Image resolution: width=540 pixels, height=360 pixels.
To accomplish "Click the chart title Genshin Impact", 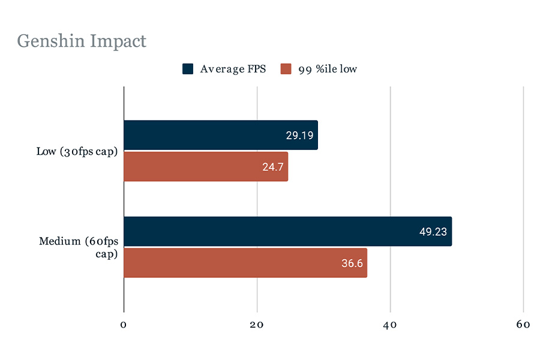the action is (82, 42).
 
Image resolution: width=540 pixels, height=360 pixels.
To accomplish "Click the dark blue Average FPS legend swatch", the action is (188, 69).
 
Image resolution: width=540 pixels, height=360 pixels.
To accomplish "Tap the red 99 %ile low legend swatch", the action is (286, 69).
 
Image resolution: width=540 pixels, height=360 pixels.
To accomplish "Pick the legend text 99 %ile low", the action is (328, 69).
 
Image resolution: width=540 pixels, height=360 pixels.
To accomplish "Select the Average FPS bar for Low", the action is (220, 136).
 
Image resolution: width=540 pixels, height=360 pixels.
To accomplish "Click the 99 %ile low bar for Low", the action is (206, 166).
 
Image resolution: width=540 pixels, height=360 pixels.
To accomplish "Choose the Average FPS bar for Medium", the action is (287, 232).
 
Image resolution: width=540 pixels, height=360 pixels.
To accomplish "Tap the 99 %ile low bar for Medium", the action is (245, 262).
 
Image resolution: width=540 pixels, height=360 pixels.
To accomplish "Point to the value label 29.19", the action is (299, 136).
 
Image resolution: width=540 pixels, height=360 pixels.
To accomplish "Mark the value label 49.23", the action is (433, 232).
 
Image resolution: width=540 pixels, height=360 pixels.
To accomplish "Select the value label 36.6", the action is (352, 263).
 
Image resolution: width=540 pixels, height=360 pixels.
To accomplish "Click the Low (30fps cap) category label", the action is (76, 151).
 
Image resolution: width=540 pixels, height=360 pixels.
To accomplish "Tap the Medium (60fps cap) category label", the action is (79, 247).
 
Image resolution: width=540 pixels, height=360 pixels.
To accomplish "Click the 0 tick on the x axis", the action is (124, 325).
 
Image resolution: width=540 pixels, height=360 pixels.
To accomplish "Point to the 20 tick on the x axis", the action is (257, 325).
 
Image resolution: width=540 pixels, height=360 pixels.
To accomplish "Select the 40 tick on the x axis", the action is (391, 325).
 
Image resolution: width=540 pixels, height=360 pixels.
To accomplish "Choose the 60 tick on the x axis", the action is (523, 325).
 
